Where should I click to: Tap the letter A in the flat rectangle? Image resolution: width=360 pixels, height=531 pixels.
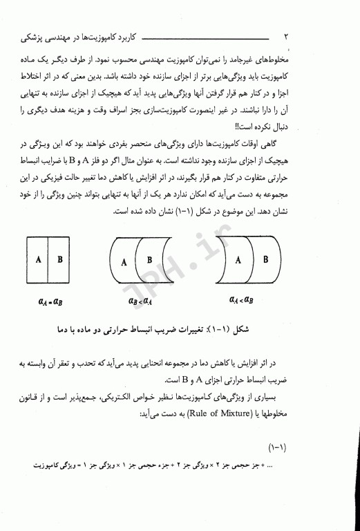pyautogui.click(x=40, y=261)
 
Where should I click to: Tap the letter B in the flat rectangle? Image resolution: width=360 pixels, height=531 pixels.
pyautogui.click(x=59, y=261)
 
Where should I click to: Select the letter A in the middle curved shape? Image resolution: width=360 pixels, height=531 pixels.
pyautogui.click(x=124, y=263)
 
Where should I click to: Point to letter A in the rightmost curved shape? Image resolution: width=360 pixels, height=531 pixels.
pyautogui.click(x=238, y=260)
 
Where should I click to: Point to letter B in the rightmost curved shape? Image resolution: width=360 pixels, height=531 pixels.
pyautogui.click(x=263, y=261)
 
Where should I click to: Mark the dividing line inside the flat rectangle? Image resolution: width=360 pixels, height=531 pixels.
pyautogui.click(x=50, y=261)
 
